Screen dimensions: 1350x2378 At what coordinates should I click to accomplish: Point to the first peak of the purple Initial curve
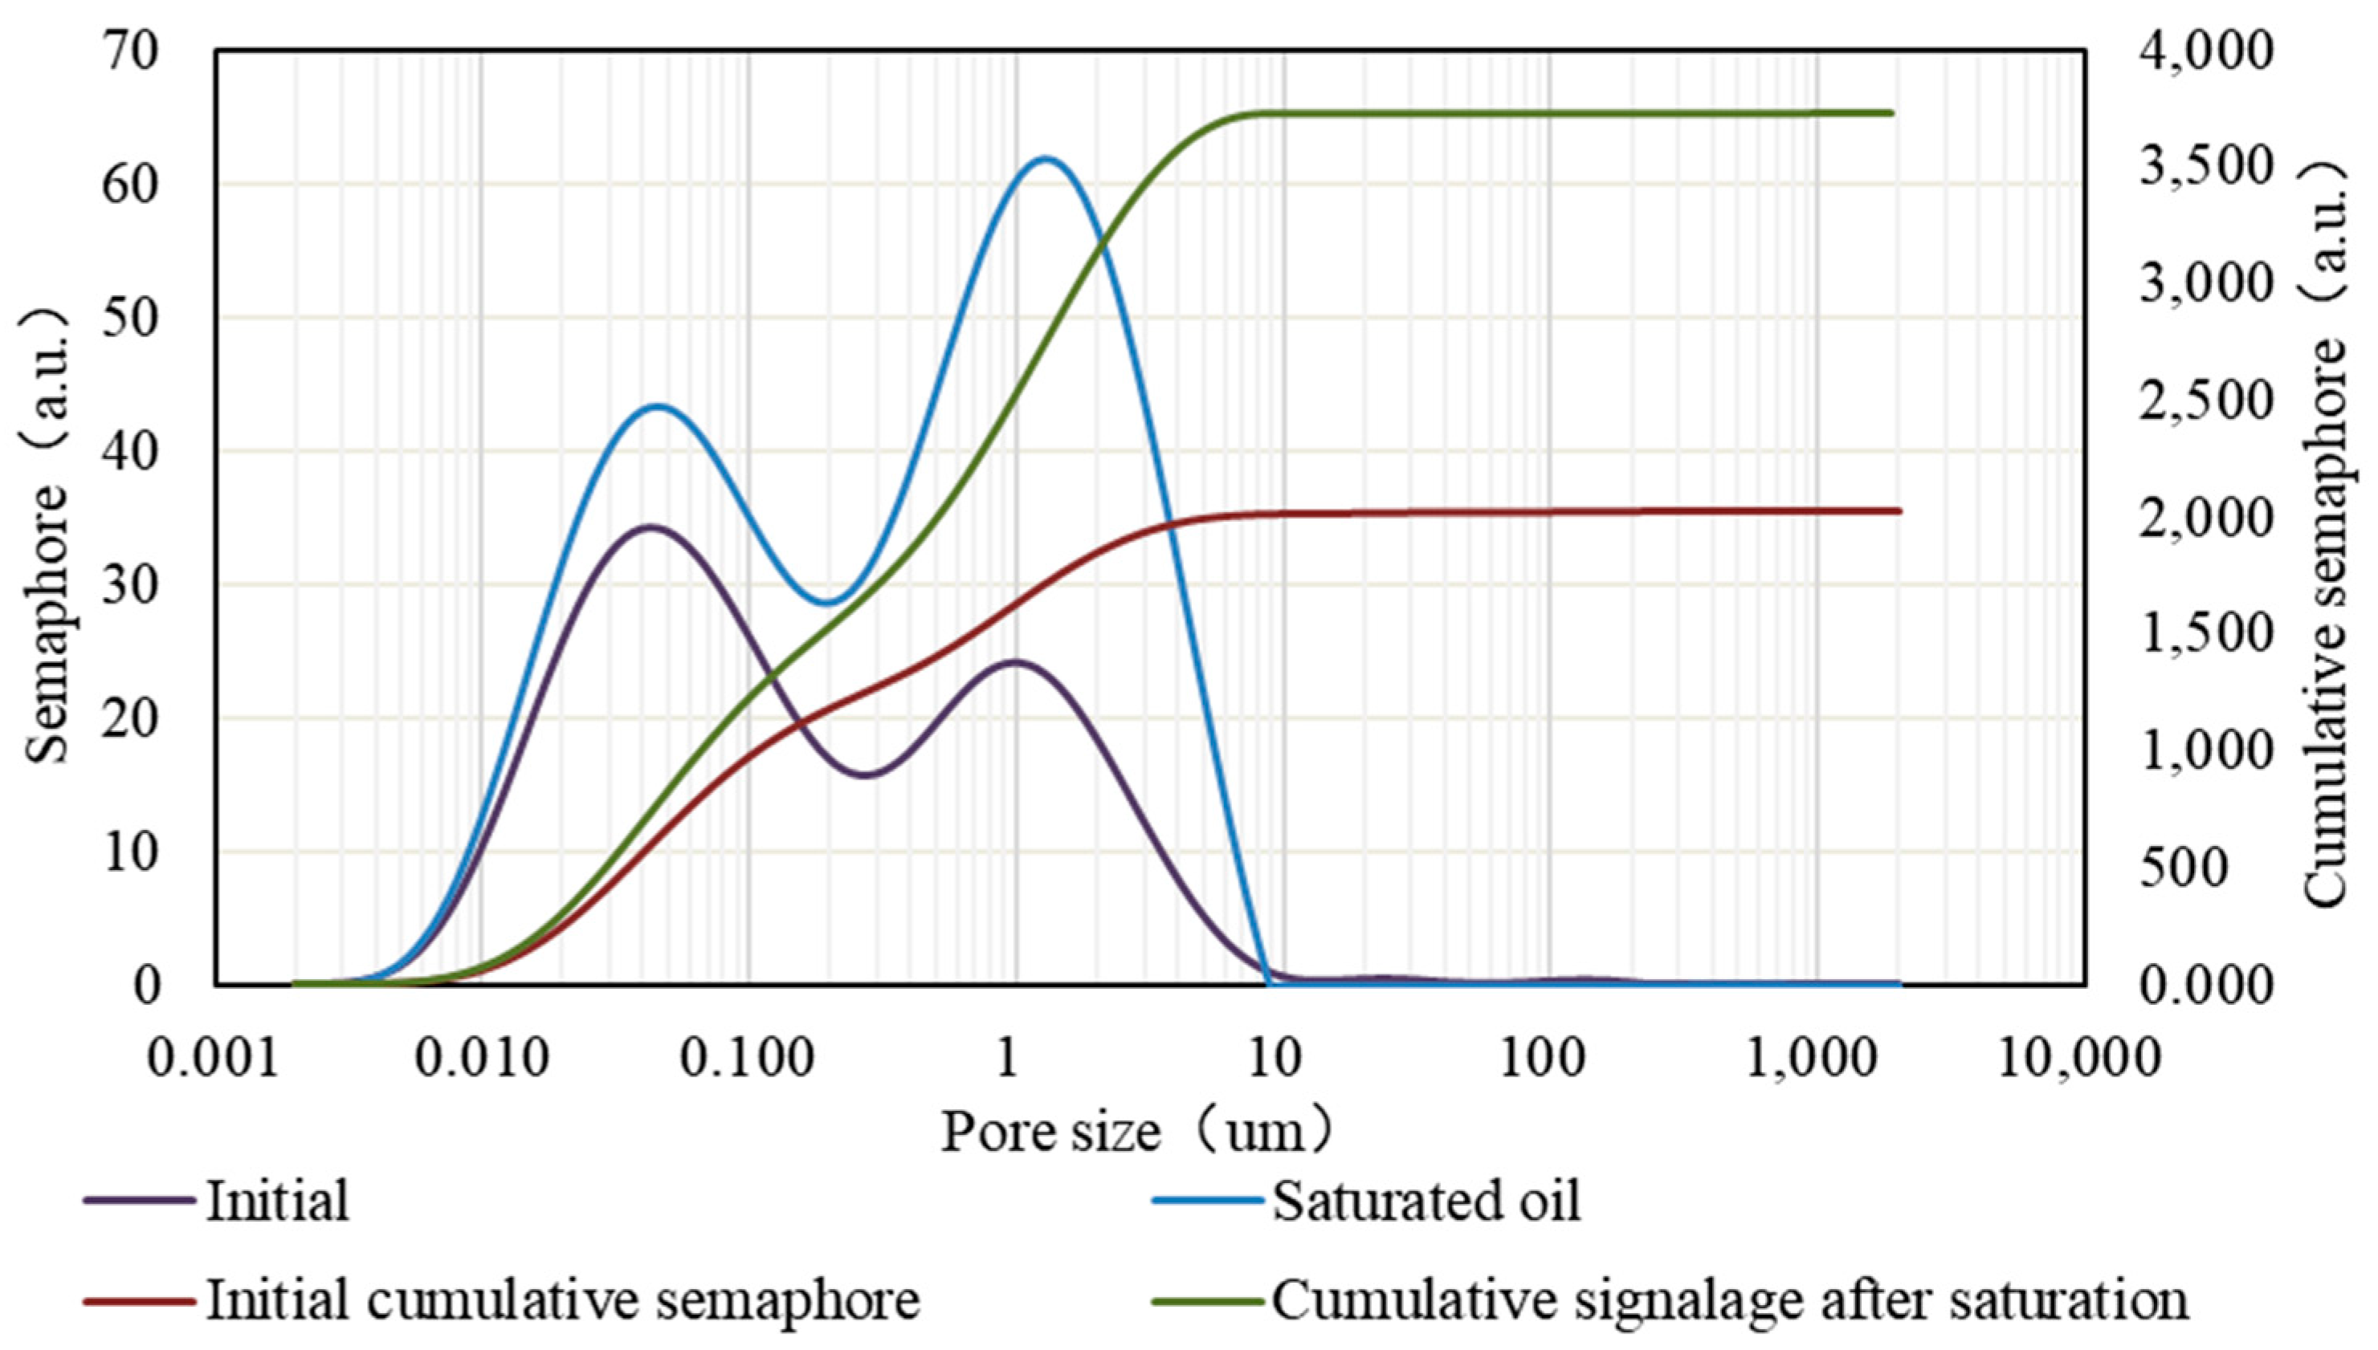pos(651,527)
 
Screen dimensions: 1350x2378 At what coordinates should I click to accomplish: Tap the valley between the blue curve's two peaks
pos(826,604)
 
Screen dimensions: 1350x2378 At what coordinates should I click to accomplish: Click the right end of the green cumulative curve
pos(1891,113)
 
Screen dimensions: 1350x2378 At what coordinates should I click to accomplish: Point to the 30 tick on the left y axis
pos(131,584)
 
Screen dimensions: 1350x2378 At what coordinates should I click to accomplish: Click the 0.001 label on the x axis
pos(214,1058)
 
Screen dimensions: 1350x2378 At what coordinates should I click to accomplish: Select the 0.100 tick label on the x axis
pos(748,1058)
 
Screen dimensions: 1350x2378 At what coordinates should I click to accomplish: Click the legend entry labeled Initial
pos(276,1202)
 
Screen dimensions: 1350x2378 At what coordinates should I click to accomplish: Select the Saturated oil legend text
pos(1426,1202)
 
